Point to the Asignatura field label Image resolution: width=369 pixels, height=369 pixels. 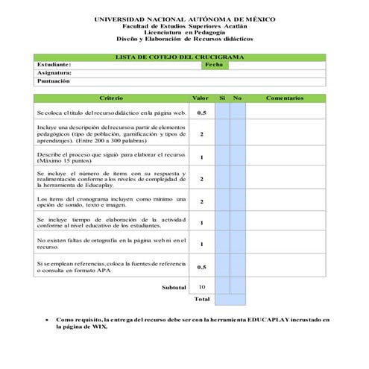click(54, 73)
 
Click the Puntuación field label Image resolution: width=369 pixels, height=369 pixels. click(54, 81)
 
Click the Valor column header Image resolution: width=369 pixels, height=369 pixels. click(201, 98)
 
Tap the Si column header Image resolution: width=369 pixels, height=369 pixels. click(222, 98)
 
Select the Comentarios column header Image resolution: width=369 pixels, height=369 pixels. click(285, 98)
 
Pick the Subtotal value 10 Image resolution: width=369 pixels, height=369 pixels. click(201, 287)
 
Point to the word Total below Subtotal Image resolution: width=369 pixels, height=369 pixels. click(201, 300)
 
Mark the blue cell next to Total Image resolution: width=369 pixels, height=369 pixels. click(230, 300)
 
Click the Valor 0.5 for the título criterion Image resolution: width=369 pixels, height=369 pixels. click(201, 113)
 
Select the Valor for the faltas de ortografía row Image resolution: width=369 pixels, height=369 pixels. click(201, 244)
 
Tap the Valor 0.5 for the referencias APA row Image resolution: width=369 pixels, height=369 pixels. click(201, 267)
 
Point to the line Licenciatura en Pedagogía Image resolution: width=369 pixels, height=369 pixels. click(184, 32)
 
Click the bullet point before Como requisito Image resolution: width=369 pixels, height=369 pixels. click(48, 319)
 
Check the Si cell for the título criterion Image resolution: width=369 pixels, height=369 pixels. click(222, 113)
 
